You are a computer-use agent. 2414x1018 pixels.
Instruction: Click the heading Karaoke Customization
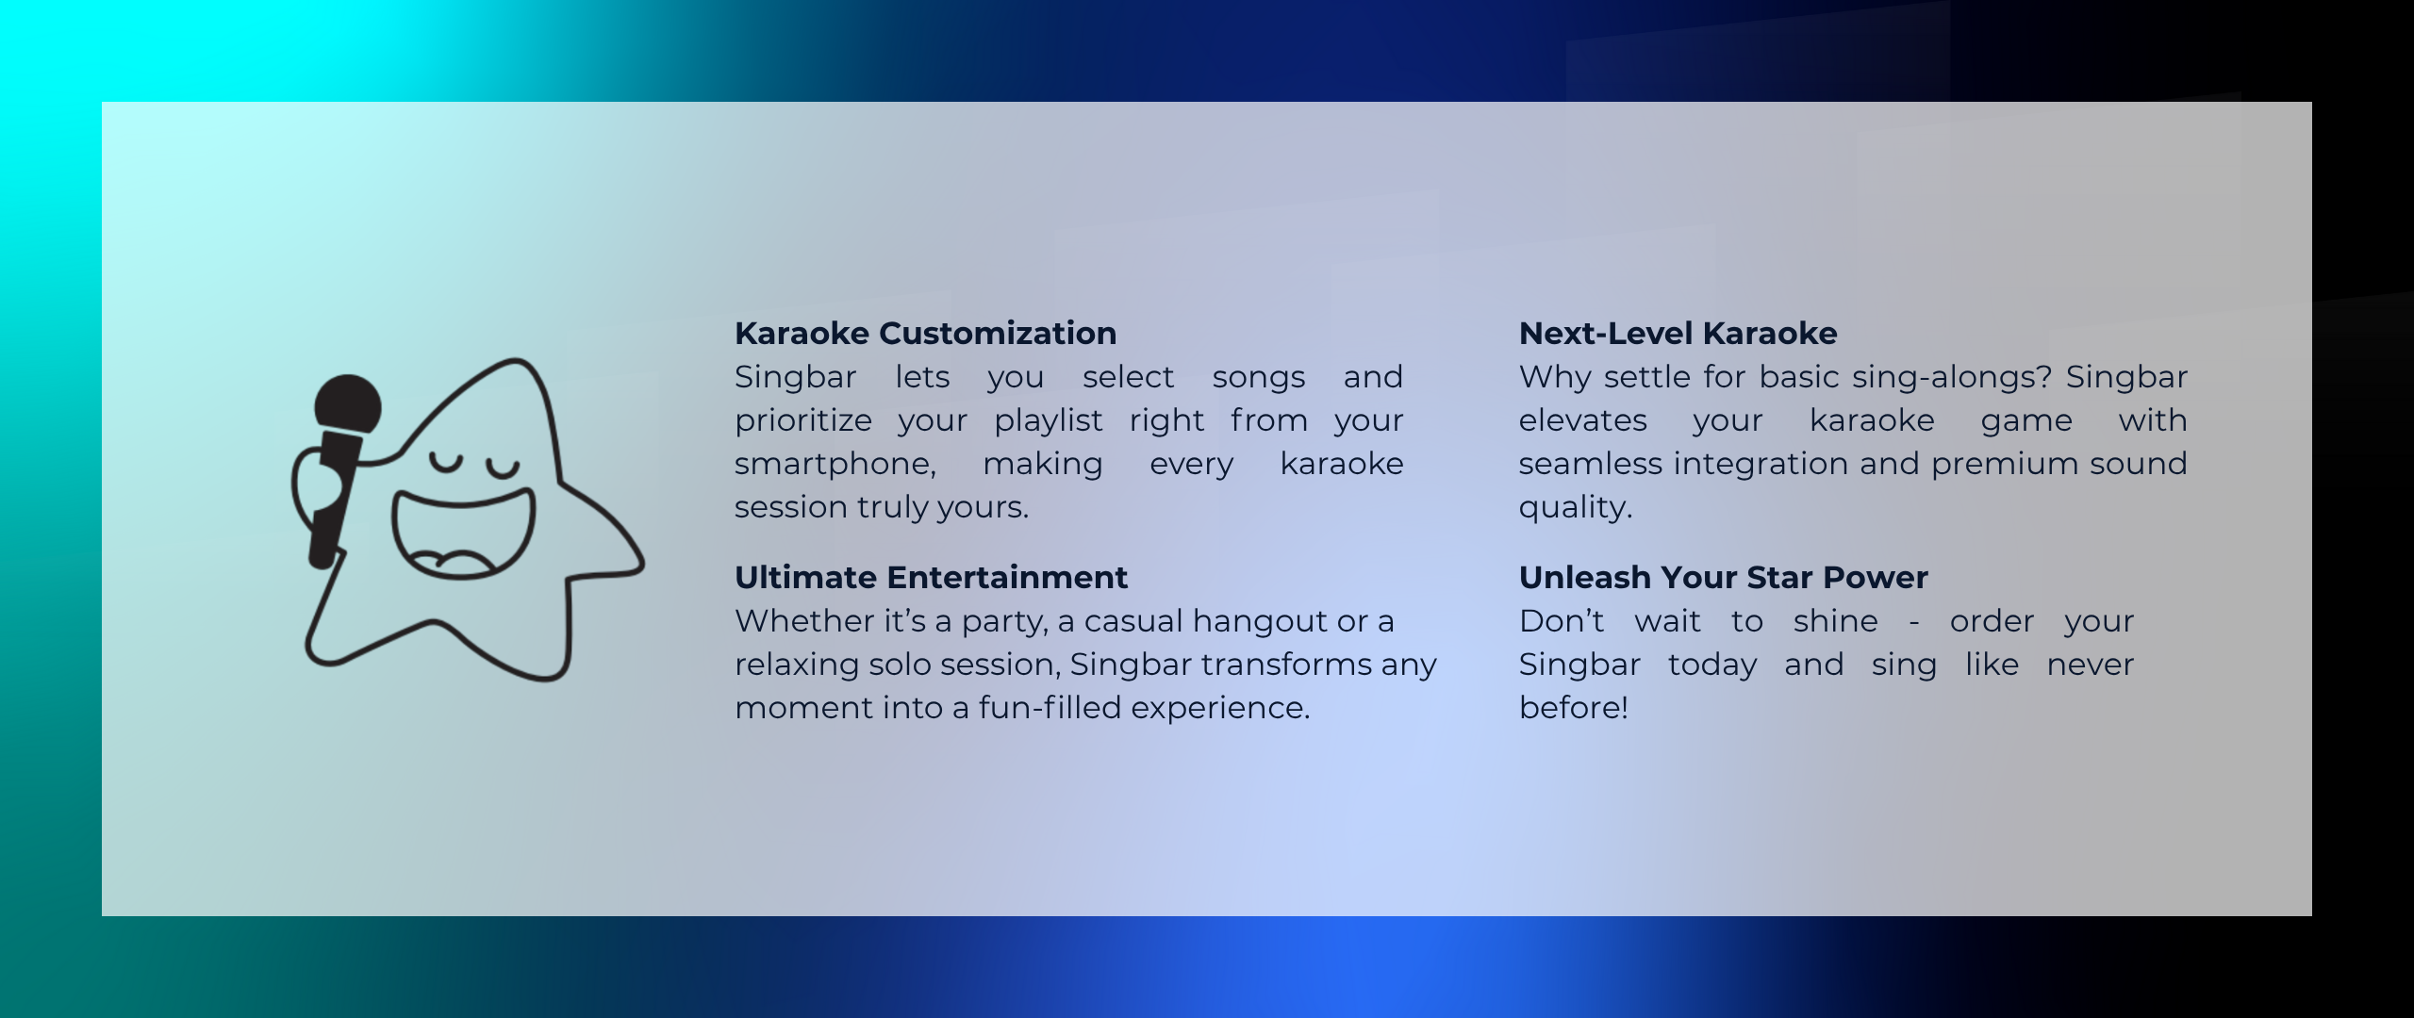tap(925, 333)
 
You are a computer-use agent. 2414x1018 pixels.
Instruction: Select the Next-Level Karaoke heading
tap(1678, 333)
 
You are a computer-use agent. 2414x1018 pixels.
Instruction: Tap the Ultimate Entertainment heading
tap(931, 577)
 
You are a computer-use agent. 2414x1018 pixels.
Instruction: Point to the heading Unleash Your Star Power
tap(1723, 577)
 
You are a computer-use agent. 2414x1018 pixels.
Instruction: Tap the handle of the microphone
tap(332, 500)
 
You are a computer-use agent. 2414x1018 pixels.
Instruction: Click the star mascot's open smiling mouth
tap(463, 533)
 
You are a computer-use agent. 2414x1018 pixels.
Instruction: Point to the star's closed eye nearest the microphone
tap(447, 465)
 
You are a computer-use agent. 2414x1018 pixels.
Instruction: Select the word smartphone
tap(835, 464)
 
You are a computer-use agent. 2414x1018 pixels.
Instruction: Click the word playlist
tap(1048, 420)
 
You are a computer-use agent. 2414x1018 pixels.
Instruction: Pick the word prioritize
tap(803, 420)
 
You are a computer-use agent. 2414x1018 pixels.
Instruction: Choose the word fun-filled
tap(1049, 708)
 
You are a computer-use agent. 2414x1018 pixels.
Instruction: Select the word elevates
tap(1583, 420)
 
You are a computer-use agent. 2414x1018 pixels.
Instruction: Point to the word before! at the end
tap(1574, 708)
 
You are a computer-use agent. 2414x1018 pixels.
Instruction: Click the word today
tap(1712, 665)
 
